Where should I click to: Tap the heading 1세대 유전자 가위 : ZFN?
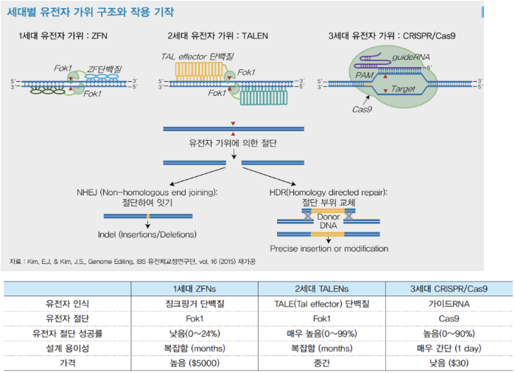tap(63, 36)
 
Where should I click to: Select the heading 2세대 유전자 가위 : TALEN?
tap(218, 36)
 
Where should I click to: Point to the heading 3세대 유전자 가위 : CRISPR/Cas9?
tap(391, 36)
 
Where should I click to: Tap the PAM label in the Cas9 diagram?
tap(365, 74)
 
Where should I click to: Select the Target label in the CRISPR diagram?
tap(404, 88)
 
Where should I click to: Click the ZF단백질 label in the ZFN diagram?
tap(105, 69)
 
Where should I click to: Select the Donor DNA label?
tap(328, 223)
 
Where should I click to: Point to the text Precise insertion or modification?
tap(329, 248)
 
